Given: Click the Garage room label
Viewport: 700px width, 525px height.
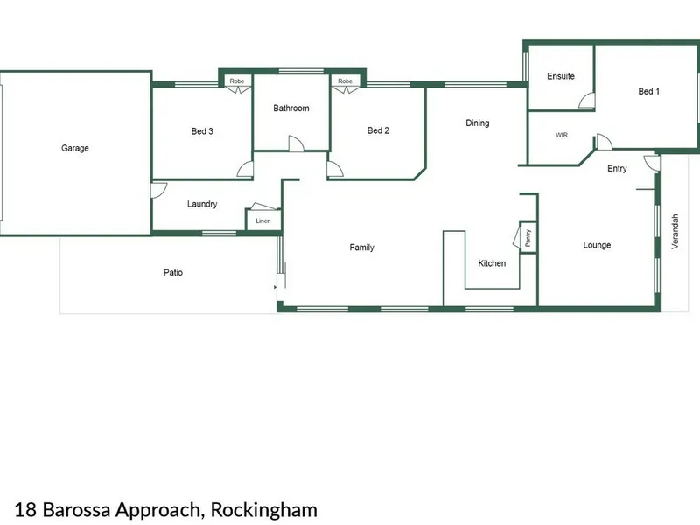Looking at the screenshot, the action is [75, 148].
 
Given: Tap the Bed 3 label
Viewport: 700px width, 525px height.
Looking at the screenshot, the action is [202, 131].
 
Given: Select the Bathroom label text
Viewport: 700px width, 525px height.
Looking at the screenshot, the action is [291, 108].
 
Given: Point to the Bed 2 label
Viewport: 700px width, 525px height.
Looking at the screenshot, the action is [378, 130].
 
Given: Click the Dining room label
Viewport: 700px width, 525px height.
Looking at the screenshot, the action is [477, 122].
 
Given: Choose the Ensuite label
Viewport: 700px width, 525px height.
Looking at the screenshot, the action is [561, 76].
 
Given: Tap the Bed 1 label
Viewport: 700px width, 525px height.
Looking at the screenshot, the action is [648, 91].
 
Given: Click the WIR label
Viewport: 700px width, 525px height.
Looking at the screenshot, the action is [562, 135].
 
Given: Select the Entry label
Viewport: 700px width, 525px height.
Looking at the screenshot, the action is [617, 168].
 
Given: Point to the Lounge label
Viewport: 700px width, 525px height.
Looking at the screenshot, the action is [597, 245].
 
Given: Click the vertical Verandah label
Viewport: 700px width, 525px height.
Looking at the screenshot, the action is [675, 231].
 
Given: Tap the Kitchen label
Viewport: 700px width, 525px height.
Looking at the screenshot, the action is [492, 263].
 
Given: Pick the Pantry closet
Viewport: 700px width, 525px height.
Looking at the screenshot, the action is [528, 237].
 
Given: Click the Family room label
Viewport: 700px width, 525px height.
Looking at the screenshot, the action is [361, 248].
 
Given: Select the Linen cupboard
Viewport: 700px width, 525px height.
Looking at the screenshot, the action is [263, 220].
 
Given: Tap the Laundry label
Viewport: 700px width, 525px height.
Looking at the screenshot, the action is [202, 204].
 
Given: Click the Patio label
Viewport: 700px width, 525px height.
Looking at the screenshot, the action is [173, 272].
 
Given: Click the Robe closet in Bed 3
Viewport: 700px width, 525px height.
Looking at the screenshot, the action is [237, 80].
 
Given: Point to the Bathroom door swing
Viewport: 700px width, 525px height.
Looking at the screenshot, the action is [296, 143].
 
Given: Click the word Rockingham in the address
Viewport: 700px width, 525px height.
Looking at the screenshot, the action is [264, 509].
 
